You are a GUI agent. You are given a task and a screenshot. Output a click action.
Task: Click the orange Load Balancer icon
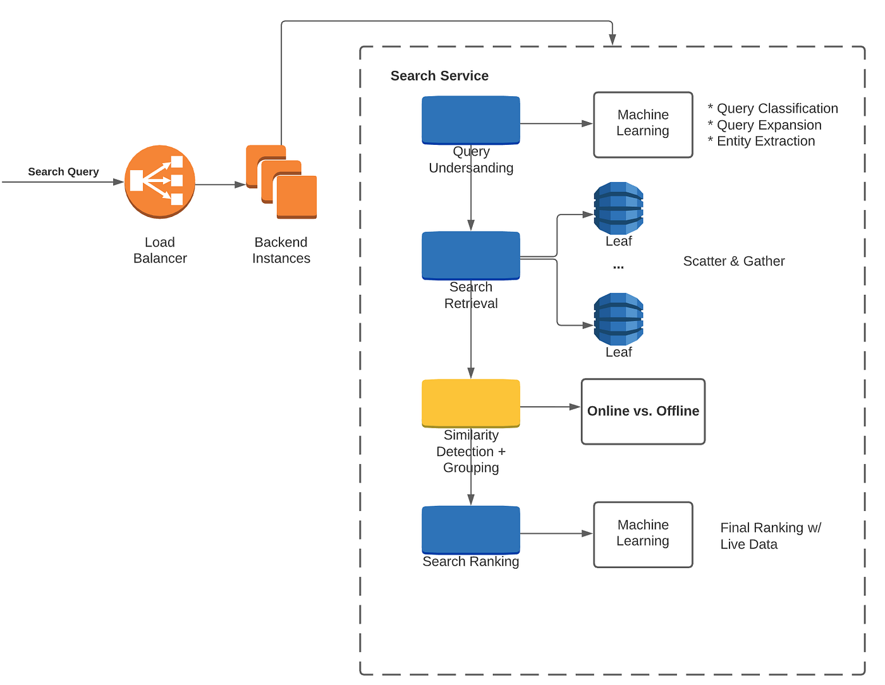click(x=160, y=182)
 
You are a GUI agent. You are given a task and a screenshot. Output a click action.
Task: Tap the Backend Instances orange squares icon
click(x=281, y=182)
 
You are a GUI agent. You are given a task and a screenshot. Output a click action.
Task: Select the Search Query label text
click(x=63, y=171)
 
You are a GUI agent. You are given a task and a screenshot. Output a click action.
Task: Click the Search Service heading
click(x=439, y=76)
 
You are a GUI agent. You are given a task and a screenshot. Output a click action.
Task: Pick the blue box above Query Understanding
click(x=471, y=120)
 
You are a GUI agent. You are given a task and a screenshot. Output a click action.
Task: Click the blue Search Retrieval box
click(x=471, y=256)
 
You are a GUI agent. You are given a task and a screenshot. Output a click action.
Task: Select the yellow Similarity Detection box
click(x=471, y=403)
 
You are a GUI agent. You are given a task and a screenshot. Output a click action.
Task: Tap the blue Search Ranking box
click(x=471, y=529)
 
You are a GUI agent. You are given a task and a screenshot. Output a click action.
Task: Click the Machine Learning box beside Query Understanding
click(x=643, y=124)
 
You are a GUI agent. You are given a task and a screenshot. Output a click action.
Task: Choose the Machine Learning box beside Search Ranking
click(x=643, y=534)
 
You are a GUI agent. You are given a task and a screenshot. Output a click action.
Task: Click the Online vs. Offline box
click(x=643, y=411)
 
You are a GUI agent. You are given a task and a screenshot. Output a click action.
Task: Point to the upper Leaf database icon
click(x=618, y=208)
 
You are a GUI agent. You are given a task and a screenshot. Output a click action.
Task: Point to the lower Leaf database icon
click(x=618, y=319)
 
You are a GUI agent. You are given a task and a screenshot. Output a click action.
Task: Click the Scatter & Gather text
click(x=734, y=261)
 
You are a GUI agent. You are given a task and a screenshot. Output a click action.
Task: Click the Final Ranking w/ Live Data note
click(x=770, y=536)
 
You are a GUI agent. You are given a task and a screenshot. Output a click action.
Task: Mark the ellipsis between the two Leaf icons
click(x=618, y=267)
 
